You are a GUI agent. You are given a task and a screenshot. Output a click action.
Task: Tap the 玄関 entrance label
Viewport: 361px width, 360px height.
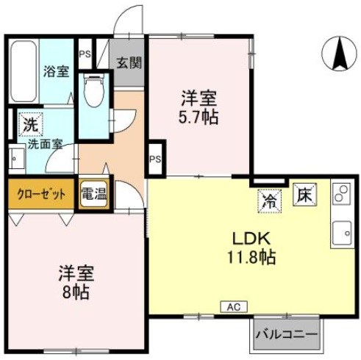coord(131,62)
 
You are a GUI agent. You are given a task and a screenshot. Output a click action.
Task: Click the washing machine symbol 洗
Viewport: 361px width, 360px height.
coord(29,123)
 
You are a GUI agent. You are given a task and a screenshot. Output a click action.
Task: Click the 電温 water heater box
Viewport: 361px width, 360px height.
coord(93,195)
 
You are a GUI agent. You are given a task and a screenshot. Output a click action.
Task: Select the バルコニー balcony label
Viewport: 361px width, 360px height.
coord(287,335)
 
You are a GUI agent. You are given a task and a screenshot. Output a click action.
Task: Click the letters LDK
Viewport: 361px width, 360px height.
coord(253,239)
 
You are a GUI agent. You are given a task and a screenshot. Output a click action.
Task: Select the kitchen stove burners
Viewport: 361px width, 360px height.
coord(342,193)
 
